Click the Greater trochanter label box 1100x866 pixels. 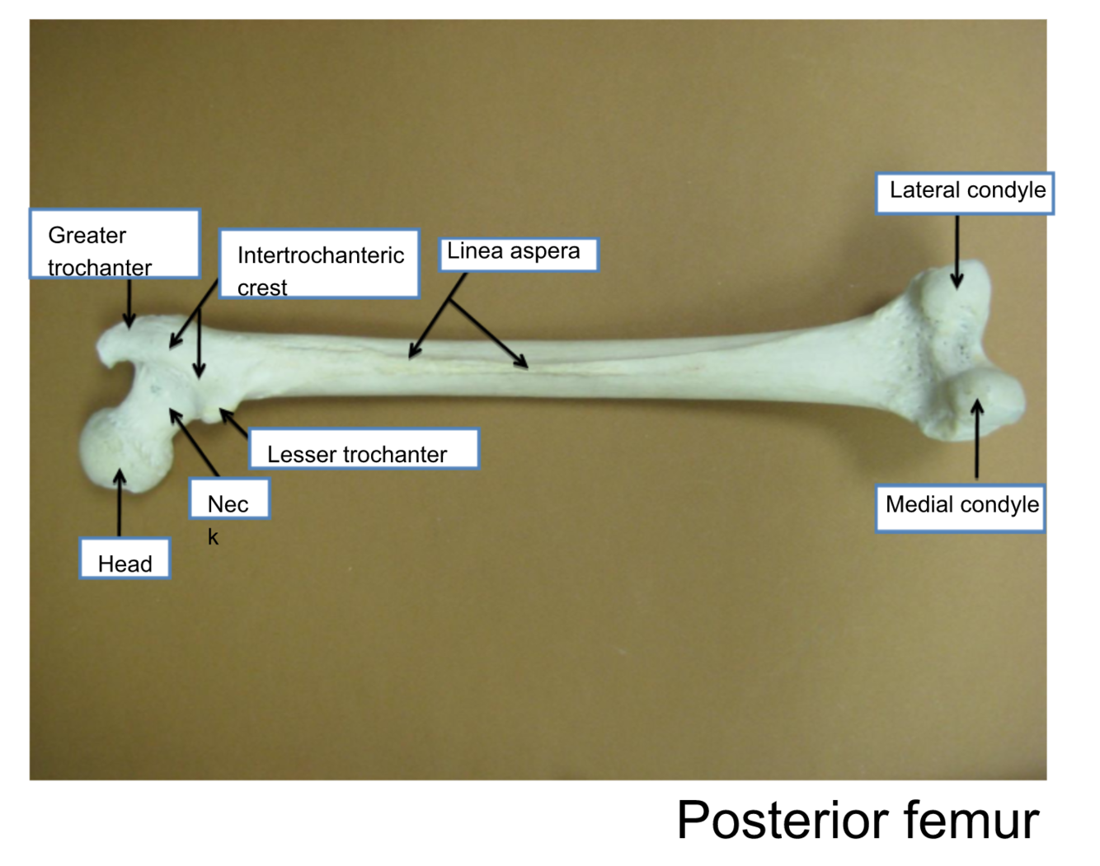pos(115,244)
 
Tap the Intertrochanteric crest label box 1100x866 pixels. pos(319,264)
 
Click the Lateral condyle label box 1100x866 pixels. pos(964,193)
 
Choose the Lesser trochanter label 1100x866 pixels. pos(364,449)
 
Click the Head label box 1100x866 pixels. pos(125,559)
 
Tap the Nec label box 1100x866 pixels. pos(229,499)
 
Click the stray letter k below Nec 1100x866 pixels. pos(213,537)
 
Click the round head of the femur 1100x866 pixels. pos(120,449)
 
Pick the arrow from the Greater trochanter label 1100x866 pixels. pos(129,303)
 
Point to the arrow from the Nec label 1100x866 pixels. pos(194,442)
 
